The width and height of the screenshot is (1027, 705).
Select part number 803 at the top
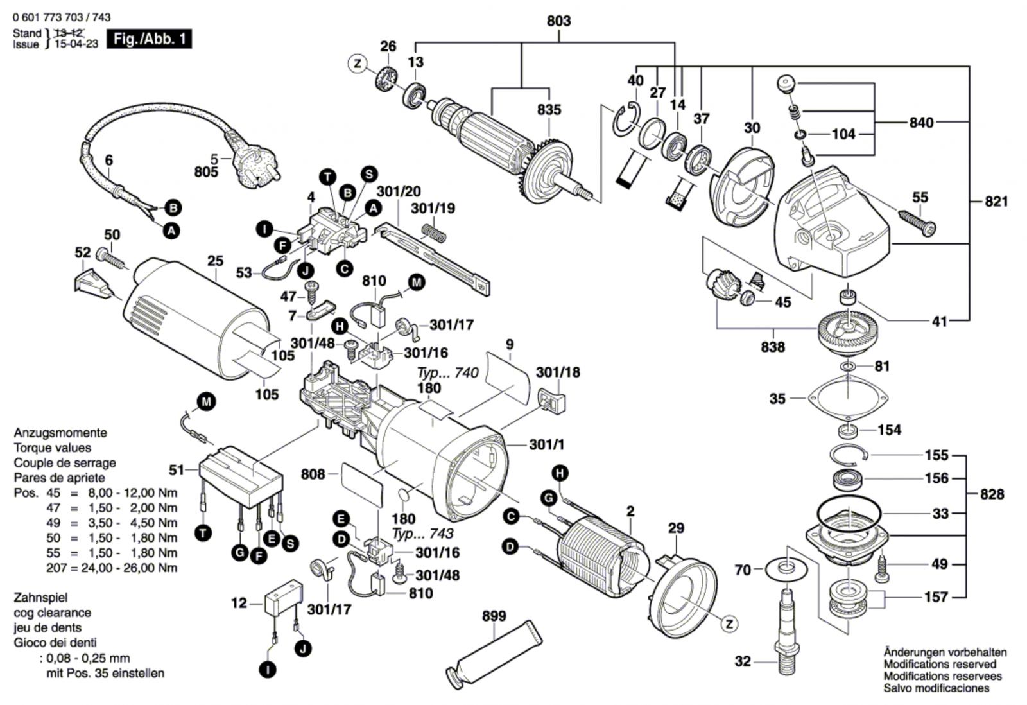click(x=558, y=21)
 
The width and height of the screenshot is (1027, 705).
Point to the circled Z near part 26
click(x=358, y=64)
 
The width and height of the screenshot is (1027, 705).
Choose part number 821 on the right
click(x=996, y=202)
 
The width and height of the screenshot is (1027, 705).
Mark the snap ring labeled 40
click(x=625, y=119)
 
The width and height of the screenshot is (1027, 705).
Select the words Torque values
click(x=53, y=448)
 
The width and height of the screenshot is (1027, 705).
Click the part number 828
click(x=992, y=494)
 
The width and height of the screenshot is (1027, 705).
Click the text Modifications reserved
click(x=940, y=664)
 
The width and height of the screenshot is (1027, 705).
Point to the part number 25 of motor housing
click(x=216, y=261)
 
